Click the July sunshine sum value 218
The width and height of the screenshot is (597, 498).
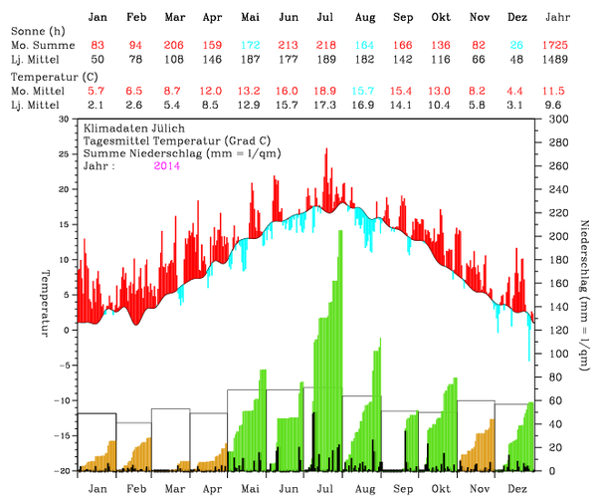click(324, 47)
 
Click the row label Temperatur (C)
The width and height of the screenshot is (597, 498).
click(46, 75)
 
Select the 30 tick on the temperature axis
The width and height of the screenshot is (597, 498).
click(65, 119)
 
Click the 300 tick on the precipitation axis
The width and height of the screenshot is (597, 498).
click(551, 119)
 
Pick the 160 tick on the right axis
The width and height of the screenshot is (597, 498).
click(551, 283)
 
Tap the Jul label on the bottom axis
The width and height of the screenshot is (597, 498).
click(325, 489)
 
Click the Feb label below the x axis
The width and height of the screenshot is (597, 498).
click(134, 489)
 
